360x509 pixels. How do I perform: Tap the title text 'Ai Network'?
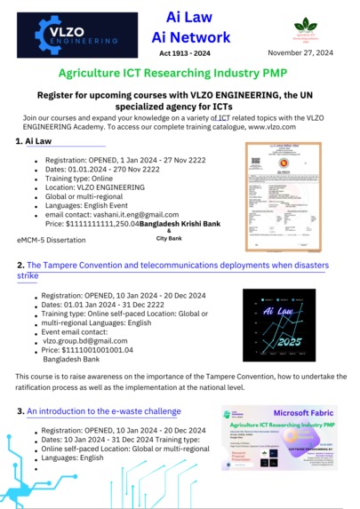(x=191, y=37)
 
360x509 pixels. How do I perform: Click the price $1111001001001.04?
(x=87, y=351)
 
